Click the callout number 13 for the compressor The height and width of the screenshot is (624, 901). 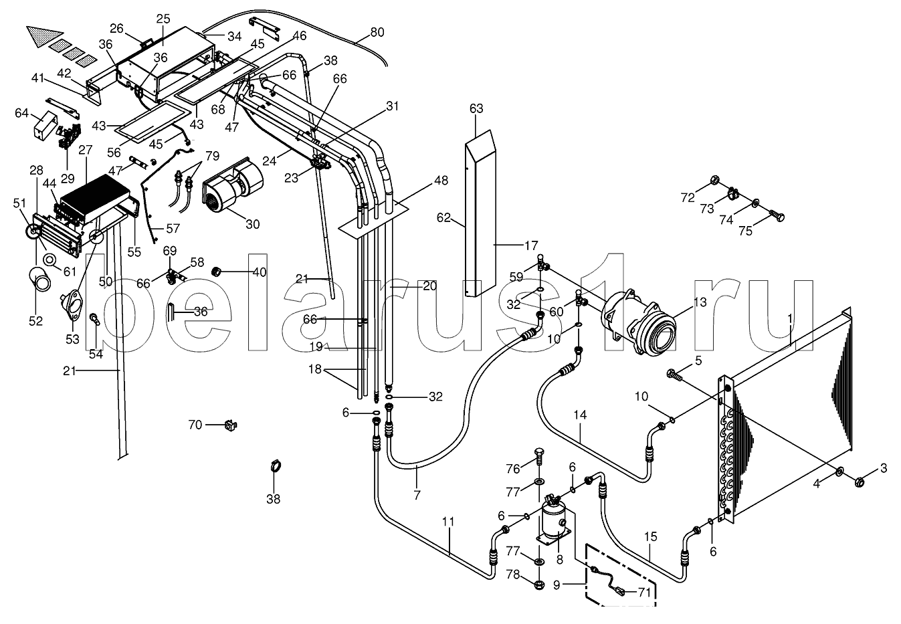click(700, 302)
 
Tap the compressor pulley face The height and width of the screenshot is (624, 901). click(659, 333)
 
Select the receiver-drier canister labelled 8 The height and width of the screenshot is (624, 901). click(555, 522)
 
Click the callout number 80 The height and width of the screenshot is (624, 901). click(377, 32)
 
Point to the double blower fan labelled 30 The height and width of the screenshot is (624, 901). click(233, 188)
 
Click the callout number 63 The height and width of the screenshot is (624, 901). click(476, 108)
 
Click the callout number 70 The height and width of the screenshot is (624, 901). click(195, 425)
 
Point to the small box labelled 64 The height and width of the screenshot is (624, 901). click(44, 125)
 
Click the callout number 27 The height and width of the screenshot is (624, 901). click(85, 150)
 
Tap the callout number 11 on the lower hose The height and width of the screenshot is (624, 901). click(448, 522)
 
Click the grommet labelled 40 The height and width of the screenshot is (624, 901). click(217, 272)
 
